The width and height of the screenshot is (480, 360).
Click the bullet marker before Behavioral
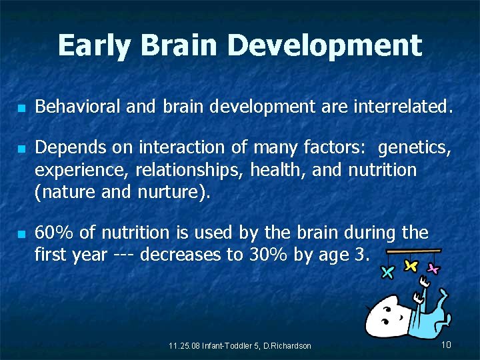coord(22,107)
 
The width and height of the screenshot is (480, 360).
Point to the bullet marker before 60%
coord(22,234)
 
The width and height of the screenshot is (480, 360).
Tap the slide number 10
coord(446,344)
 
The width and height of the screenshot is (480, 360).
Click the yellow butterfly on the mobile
coord(411,265)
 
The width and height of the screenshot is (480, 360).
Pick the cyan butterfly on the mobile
coord(387,271)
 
